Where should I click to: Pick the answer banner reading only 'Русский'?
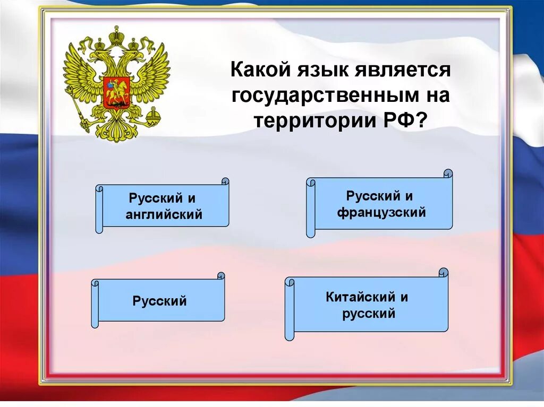coord(160,301)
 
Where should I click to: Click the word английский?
coord(164,214)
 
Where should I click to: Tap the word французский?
coord(381,213)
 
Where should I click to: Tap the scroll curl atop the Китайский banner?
coord(444,273)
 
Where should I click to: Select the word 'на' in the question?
coord(439,96)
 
